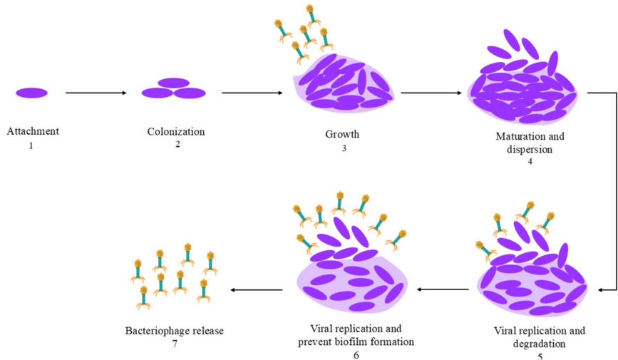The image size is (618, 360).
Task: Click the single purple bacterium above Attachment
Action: point(31,93)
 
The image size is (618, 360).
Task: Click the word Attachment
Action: point(33,131)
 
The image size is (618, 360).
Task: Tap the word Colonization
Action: point(176,131)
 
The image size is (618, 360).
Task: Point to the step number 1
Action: point(31,145)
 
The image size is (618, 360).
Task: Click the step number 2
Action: point(177,145)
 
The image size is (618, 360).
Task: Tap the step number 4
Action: point(530,161)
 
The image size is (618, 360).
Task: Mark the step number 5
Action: point(540,356)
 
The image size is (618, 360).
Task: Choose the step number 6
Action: point(356,354)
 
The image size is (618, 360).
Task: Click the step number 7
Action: point(173,344)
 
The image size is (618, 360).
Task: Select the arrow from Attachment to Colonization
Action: point(96,93)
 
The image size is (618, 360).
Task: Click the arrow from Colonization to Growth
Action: point(252,93)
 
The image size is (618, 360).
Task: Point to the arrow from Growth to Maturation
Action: point(431,93)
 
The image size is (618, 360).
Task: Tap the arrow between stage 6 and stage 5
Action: point(442,289)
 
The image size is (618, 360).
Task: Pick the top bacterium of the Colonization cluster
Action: point(173,83)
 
